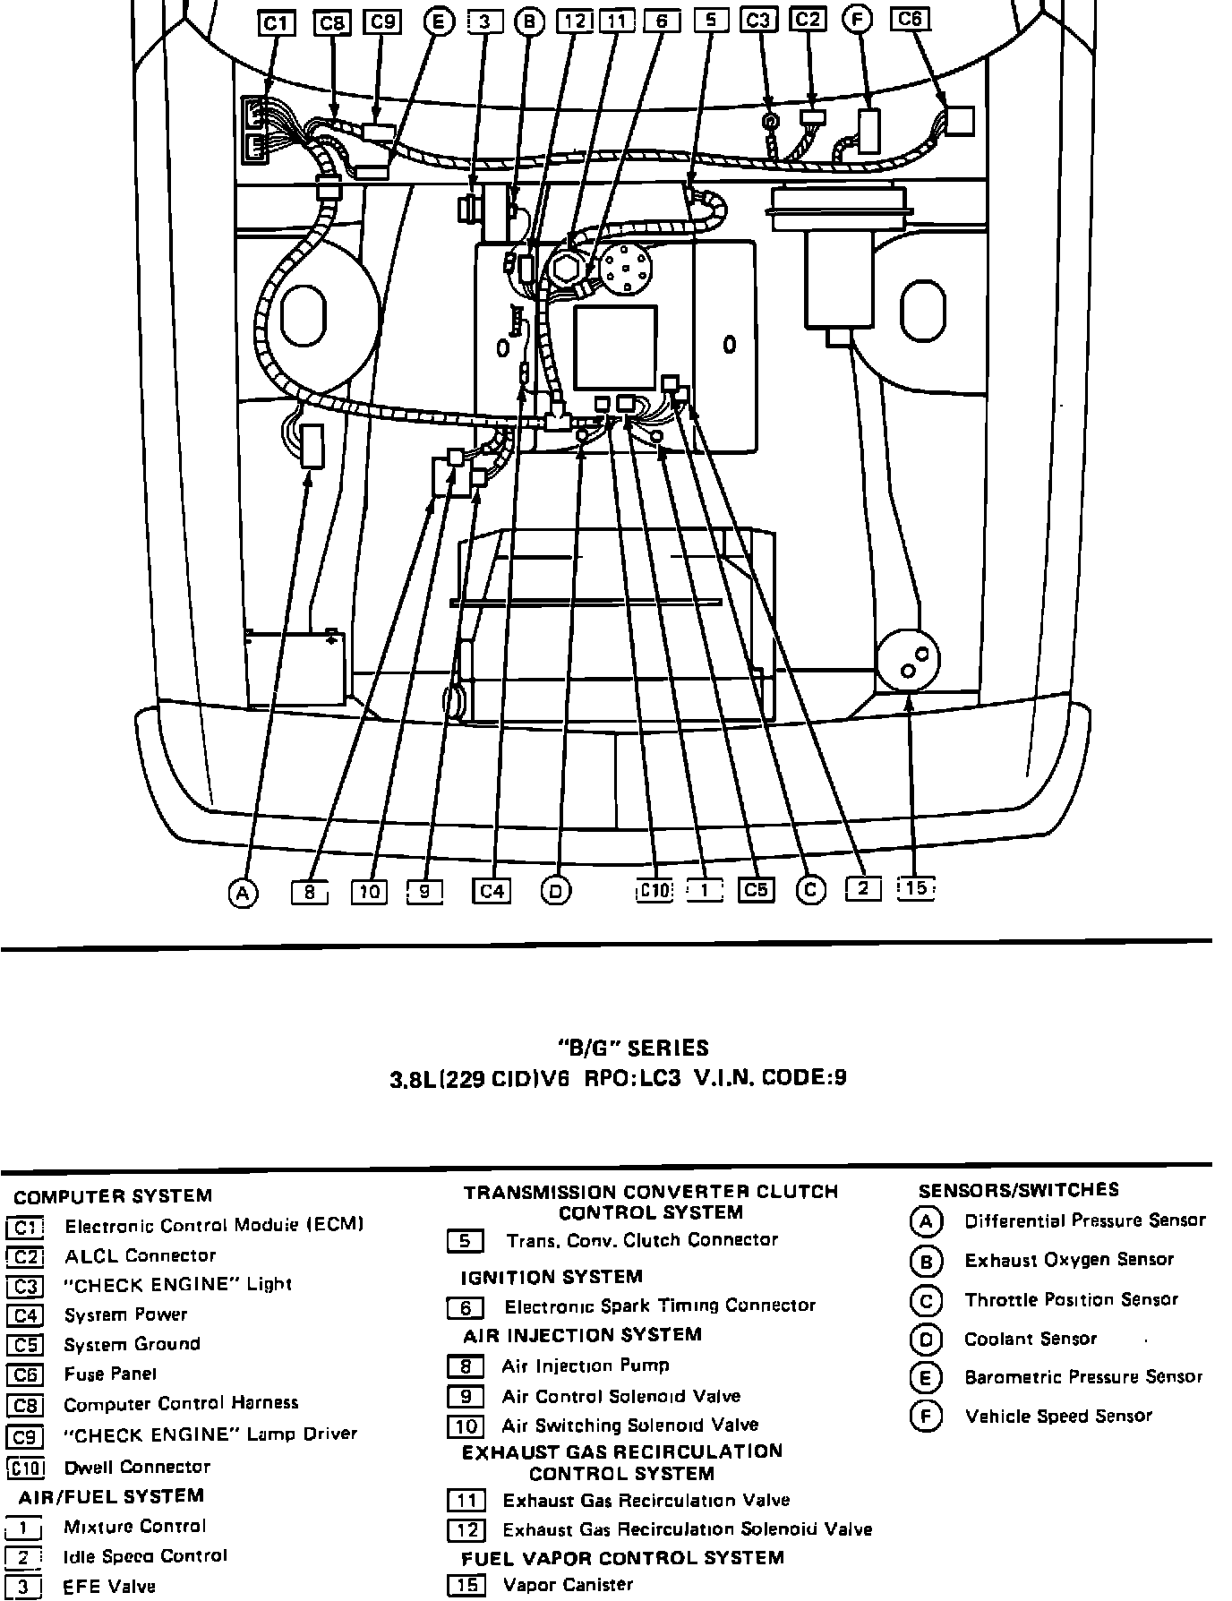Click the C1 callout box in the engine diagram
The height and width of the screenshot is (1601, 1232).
click(275, 22)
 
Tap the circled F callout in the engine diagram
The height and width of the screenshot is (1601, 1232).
click(858, 20)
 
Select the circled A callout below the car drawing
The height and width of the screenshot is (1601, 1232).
click(242, 892)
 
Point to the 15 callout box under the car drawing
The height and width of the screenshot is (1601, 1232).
click(915, 888)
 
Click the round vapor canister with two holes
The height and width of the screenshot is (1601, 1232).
click(908, 661)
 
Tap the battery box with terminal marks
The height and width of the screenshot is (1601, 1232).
click(295, 668)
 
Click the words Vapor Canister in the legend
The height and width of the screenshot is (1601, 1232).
click(568, 1585)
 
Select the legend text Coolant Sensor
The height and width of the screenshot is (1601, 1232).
click(1030, 1340)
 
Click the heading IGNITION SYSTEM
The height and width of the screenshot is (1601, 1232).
click(552, 1277)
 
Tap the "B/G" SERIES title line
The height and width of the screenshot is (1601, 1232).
click(634, 1049)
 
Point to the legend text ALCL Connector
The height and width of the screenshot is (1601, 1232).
click(140, 1255)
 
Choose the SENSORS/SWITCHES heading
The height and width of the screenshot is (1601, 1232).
click(1019, 1190)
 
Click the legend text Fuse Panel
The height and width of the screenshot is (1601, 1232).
click(110, 1374)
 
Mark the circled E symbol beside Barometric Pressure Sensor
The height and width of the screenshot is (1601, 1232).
click(925, 1378)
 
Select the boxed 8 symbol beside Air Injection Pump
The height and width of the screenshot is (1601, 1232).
click(466, 1366)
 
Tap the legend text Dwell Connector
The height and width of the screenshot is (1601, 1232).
click(137, 1467)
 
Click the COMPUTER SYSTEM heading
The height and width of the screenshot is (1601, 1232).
click(113, 1196)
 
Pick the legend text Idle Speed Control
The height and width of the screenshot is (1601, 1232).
click(145, 1556)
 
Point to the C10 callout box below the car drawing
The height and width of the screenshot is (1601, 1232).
click(654, 891)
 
